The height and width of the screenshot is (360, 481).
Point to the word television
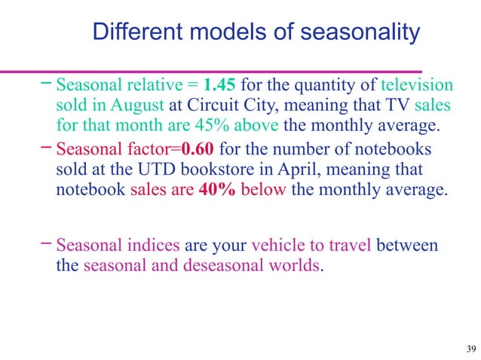tap(417, 85)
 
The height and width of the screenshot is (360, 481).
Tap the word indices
tap(152, 245)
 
